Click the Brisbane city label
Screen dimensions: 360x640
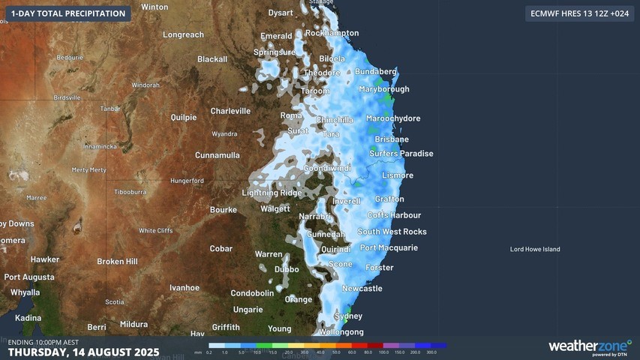click(x=392, y=139)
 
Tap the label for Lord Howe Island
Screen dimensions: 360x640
click(x=535, y=249)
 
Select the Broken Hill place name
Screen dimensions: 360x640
click(x=117, y=262)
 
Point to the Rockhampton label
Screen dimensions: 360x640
click(x=332, y=33)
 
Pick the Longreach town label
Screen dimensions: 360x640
click(x=183, y=35)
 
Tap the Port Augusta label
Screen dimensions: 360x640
click(x=29, y=277)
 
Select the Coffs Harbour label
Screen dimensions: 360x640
click(x=395, y=215)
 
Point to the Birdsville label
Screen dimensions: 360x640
click(x=67, y=97)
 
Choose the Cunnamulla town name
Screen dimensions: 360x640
click(x=218, y=155)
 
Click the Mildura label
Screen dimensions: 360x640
click(x=134, y=325)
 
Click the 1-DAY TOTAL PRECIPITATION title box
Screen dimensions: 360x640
click(x=68, y=13)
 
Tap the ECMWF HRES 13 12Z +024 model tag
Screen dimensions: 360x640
click(x=579, y=13)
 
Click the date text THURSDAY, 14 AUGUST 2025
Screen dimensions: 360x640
click(x=83, y=352)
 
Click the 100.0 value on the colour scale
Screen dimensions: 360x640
click(x=383, y=352)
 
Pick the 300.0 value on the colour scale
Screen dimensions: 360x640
click(x=431, y=352)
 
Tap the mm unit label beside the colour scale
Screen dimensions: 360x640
click(x=198, y=352)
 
